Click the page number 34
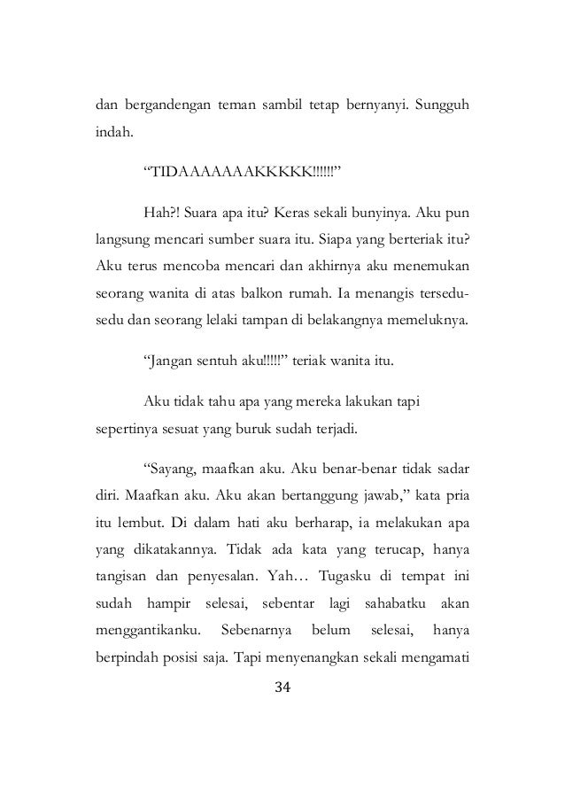click(x=282, y=688)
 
